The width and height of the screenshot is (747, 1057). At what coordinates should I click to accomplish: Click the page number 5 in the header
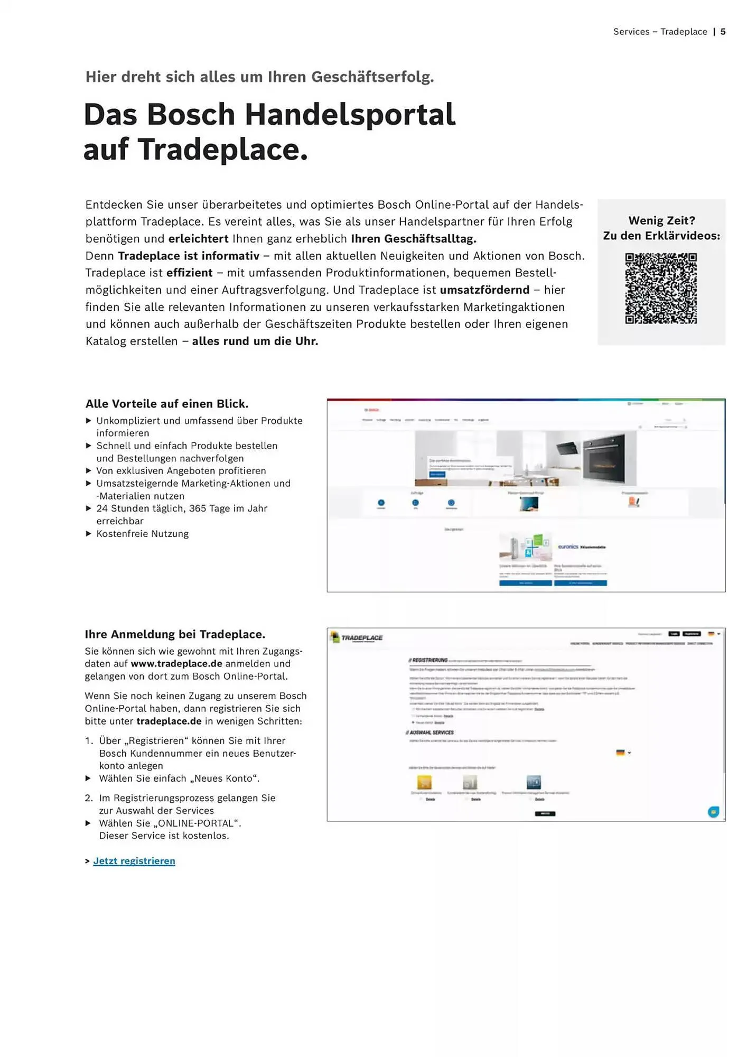pos(723,32)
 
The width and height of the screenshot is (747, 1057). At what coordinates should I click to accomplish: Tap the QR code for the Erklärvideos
pos(661,288)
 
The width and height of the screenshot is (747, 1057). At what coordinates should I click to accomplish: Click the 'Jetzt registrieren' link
pos(134,861)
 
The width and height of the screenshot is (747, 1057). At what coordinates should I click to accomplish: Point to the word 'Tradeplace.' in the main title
pos(223,150)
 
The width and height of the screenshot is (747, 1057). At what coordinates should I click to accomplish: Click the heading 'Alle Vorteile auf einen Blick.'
pos(167,404)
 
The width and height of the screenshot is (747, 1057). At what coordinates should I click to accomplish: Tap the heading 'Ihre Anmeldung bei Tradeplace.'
pos(175,634)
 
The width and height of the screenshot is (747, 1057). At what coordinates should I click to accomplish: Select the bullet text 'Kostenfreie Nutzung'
pos(143,534)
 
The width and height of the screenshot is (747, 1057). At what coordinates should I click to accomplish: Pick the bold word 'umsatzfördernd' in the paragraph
pos(484,290)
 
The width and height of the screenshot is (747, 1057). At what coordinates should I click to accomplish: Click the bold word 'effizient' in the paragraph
pos(189,273)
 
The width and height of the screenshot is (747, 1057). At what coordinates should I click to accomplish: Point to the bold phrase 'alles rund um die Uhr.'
pos(255,341)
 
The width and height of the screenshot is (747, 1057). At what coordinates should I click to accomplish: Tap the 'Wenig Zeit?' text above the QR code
pos(661,220)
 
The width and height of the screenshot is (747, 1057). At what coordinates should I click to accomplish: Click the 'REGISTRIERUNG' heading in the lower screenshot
pos(428,660)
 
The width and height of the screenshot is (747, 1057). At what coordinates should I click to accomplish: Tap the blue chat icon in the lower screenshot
pos(713,812)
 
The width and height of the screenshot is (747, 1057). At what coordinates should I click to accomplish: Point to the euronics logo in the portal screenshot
pos(568,546)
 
